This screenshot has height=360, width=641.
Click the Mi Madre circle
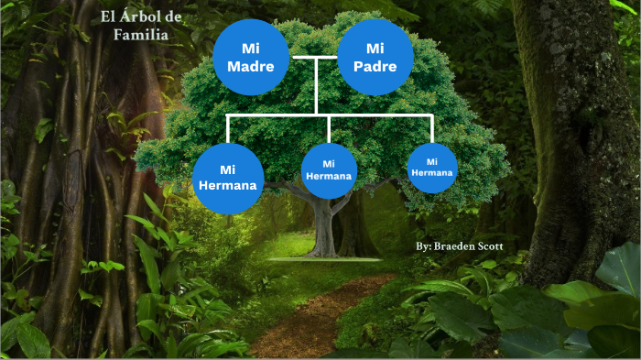(x=251, y=57)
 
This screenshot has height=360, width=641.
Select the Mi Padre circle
(x=375, y=57)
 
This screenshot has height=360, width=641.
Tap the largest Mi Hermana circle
(x=228, y=178)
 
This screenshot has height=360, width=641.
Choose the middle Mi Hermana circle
(x=329, y=170)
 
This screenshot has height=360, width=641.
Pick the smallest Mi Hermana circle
(x=432, y=168)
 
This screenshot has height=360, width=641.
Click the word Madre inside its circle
(x=251, y=67)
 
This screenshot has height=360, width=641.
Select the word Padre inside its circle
(x=375, y=67)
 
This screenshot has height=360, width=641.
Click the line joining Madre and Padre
(x=314, y=58)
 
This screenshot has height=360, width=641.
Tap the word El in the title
(x=109, y=18)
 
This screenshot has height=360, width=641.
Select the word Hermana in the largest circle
(x=228, y=186)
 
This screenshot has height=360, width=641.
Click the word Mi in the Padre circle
(x=375, y=48)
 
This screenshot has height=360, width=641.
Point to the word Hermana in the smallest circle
(x=432, y=172)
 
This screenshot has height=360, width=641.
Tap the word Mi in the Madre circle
(x=251, y=48)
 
